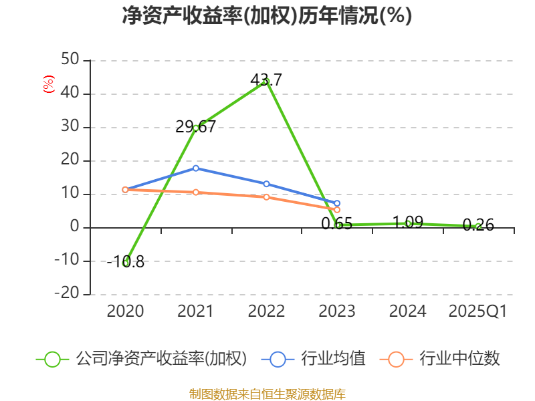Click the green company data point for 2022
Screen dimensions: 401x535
tap(266, 82)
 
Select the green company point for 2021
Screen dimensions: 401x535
tap(196, 128)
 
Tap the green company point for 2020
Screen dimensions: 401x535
tap(126, 263)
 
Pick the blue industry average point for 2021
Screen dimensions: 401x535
tap(196, 168)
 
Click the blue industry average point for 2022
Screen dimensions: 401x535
tap(266, 184)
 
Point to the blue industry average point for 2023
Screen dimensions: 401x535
tap(337, 203)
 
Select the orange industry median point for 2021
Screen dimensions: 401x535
tap(196, 192)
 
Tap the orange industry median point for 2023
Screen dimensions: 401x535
tap(337, 210)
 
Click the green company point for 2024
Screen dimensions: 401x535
tap(408, 223)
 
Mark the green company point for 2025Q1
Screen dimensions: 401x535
tap(478, 226)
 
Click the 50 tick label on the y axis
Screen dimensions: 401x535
tap(70, 60)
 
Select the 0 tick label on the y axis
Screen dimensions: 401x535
tap(74, 227)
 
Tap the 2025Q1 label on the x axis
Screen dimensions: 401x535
tap(478, 311)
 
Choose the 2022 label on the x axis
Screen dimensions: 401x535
tap(266, 311)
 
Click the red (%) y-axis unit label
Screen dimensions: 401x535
tap(48, 84)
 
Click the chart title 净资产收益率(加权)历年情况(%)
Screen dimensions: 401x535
tap(267, 16)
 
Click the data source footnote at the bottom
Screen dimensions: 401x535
tap(267, 394)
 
